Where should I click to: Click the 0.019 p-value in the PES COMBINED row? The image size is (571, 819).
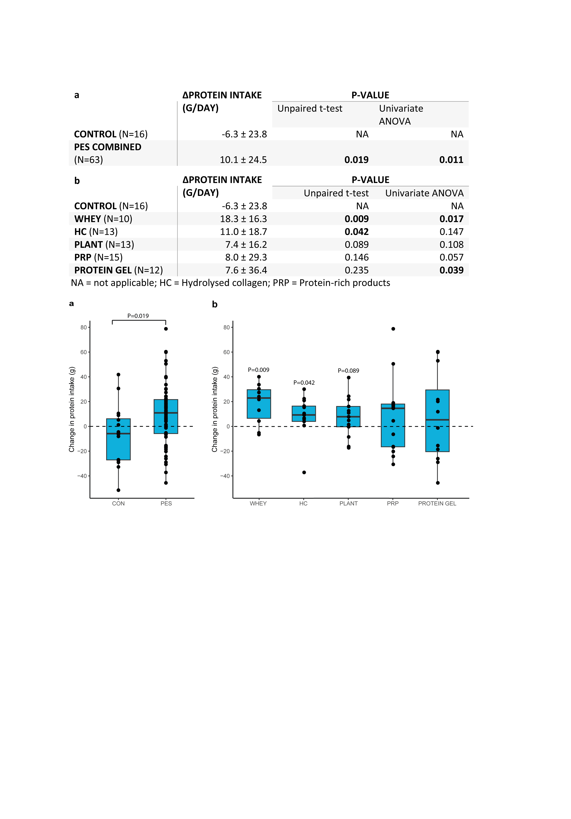[x=356, y=160]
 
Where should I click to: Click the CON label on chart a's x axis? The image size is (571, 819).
[x=118, y=503]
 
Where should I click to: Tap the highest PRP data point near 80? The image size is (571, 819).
[x=393, y=329]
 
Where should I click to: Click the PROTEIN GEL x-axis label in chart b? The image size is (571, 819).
[x=437, y=503]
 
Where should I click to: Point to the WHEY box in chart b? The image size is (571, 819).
[x=259, y=404]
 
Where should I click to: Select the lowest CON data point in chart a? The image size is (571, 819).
[x=118, y=490]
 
